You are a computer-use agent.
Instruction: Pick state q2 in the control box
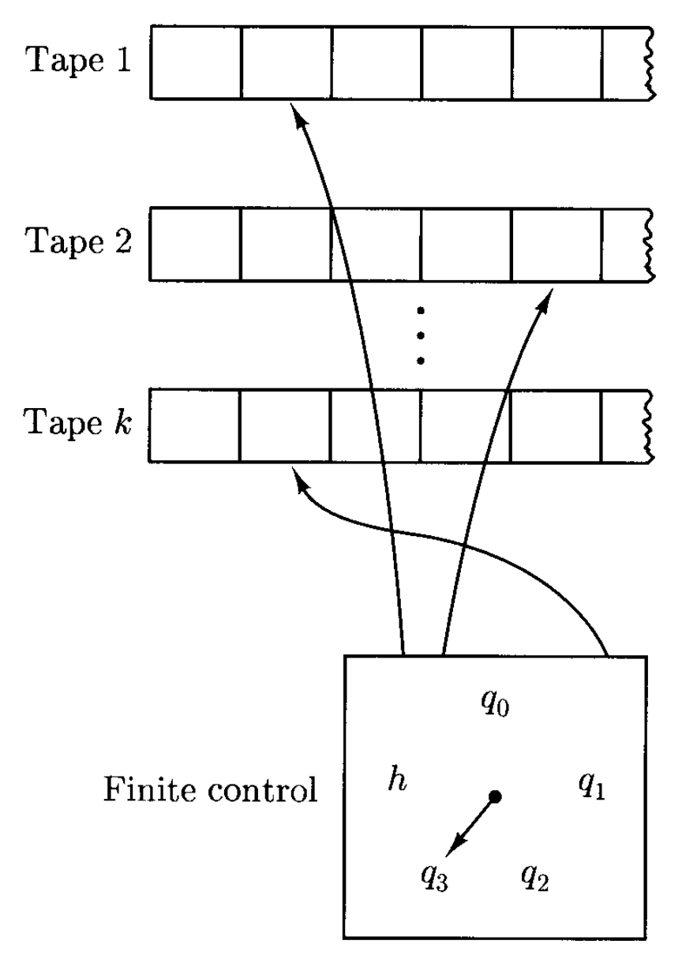(x=534, y=875)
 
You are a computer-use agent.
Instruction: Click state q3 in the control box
(x=437, y=876)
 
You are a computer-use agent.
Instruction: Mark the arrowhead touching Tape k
(x=298, y=478)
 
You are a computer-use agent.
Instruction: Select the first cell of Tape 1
(x=196, y=62)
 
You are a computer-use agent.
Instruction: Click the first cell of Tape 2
(x=196, y=244)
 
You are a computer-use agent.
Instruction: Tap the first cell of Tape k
(x=196, y=425)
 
